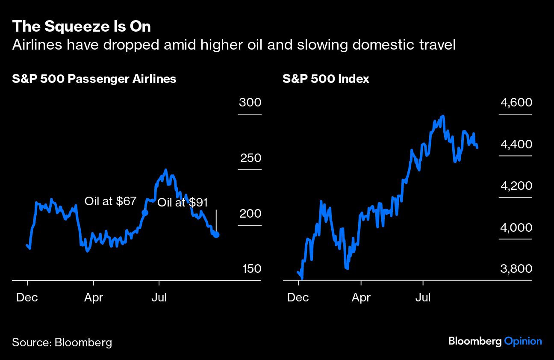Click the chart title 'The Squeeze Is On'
pyautogui.click(x=81, y=27)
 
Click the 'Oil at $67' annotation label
pyautogui.click(x=110, y=201)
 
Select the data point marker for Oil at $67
pyautogui.click(x=144, y=212)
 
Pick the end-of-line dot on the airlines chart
pyautogui.click(x=216, y=235)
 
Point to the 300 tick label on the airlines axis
pyautogui.click(x=250, y=103)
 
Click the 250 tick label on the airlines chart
pyautogui.click(x=250, y=159)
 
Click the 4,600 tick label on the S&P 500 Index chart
pyautogui.click(x=516, y=103)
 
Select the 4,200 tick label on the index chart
pyautogui.click(x=516, y=186)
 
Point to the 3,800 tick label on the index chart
pyautogui.click(x=516, y=269)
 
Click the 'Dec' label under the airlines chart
pyautogui.click(x=27, y=297)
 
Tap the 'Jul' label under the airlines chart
pyautogui.click(x=159, y=297)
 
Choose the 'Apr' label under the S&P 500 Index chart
pyautogui.click(x=361, y=297)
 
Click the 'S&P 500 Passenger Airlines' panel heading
pyautogui.click(x=94, y=79)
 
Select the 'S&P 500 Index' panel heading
pyautogui.click(x=326, y=79)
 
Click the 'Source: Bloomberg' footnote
pyautogui.click(x=62, y=342)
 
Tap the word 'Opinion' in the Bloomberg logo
pyautogui.click(x=523, y=341)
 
